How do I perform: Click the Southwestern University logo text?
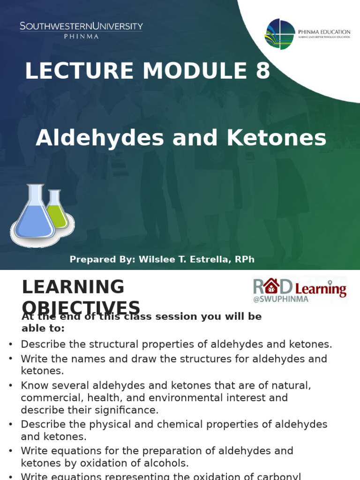click(81, 27)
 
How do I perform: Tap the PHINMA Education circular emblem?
click(280, 34)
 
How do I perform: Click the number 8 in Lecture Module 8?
click(263, 71)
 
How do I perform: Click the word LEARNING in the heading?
click(73, 287)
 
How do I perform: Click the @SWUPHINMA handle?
click(281, 299)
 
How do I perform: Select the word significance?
click(130, 410)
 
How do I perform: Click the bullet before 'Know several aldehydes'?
click(11, 386)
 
